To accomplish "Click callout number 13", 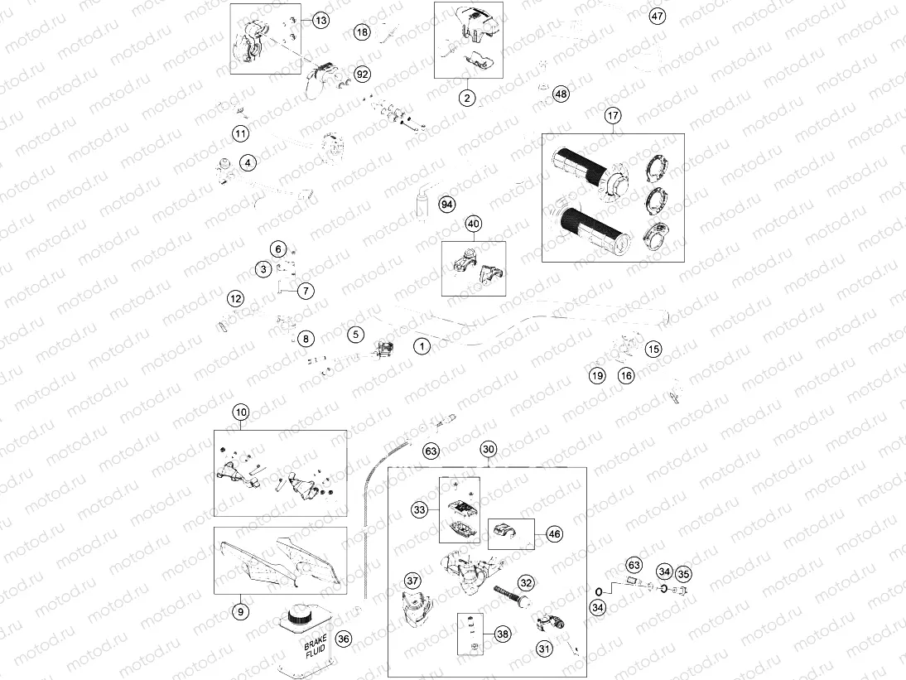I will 320,19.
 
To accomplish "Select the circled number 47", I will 657,17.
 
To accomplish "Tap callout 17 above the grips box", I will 612,117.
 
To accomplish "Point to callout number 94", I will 447,204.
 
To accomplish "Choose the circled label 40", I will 473,224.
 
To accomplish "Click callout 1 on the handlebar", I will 422,345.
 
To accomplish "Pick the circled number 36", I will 344,638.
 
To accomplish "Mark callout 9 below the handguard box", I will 239,612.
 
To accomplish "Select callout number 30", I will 489,450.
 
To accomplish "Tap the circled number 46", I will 554,534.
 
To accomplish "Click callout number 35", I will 683,573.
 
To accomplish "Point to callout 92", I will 362,74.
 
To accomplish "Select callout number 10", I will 240,412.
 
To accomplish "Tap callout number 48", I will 561,94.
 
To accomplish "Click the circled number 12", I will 236,298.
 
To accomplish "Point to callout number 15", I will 653,350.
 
